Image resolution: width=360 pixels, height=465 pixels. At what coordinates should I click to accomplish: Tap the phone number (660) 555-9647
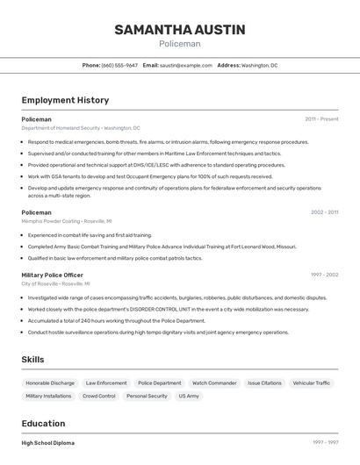[119, 65]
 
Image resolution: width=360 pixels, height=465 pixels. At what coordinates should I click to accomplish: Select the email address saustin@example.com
[186, 65]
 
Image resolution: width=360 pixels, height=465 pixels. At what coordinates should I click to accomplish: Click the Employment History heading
[65, 100]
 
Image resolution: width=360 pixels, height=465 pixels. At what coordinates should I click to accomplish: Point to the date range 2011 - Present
[321, 118]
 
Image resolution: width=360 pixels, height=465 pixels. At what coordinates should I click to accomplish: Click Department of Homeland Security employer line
[81, 128]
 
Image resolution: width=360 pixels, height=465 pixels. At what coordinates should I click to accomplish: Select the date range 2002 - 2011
[324, 212]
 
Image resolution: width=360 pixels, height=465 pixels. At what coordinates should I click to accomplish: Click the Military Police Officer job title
[53, 275]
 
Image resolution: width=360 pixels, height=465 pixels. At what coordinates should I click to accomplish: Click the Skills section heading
[32, 360]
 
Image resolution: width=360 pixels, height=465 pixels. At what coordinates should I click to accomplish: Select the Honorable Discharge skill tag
[50, 383]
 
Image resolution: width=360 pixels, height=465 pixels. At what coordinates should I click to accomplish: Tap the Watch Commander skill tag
[214, 383]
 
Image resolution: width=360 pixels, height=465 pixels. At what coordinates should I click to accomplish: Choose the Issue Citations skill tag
[264, 383]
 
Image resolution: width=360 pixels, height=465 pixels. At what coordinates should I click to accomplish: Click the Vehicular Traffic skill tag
[312, 383]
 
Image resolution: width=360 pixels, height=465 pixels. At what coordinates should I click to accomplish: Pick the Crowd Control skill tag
[99, 397]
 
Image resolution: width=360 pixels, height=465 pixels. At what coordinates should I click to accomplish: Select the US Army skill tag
[189, 397]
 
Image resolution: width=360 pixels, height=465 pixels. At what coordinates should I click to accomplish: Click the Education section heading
[44, 423]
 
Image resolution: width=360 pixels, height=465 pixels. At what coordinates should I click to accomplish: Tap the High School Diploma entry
[48, 443]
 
